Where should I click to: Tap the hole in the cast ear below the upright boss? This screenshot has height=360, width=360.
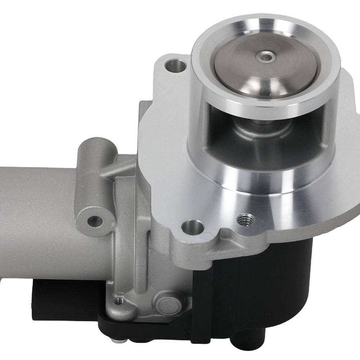pyautogui.click(x=95, y=221)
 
